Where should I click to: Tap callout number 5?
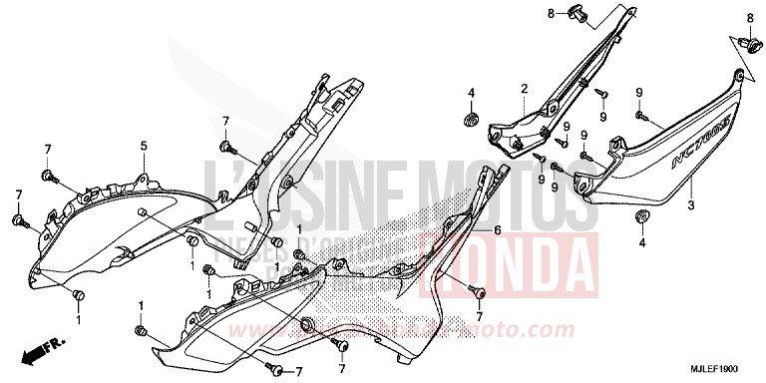click(143, 147)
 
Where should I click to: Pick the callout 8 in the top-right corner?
click(750, 18)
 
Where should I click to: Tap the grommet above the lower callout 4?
click(641, 215)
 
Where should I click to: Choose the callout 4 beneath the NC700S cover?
click(641, 241)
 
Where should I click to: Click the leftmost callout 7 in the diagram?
click(18, 193)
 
